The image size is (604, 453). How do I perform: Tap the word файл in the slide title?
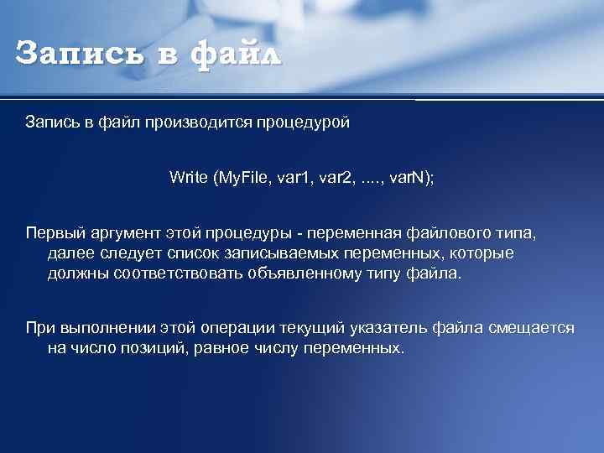pyautogui.click(x=237, y=55)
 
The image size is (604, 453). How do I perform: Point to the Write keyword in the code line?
pyautogui.click(x=190, y=177)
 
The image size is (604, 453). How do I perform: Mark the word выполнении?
pyautogui.click(x=99, y=327)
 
